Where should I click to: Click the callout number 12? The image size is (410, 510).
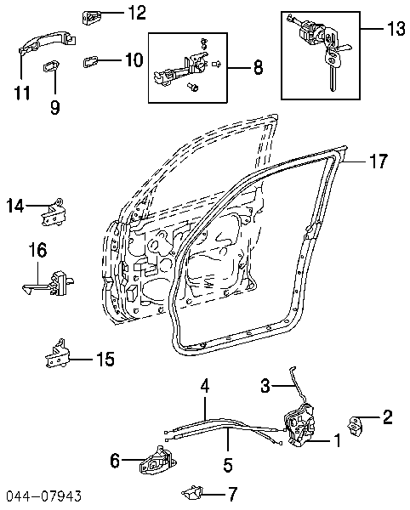136,13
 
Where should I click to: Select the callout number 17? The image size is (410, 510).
379,161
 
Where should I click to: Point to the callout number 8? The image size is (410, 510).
258,68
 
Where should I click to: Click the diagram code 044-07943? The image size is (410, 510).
43,496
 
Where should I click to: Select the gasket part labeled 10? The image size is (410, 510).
91,61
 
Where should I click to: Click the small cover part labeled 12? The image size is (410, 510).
91,17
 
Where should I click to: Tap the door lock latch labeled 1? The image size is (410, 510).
299,425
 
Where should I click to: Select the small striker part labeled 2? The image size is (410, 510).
356,426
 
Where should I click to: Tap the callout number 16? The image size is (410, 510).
37,250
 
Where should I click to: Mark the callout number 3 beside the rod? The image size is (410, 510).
265,386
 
